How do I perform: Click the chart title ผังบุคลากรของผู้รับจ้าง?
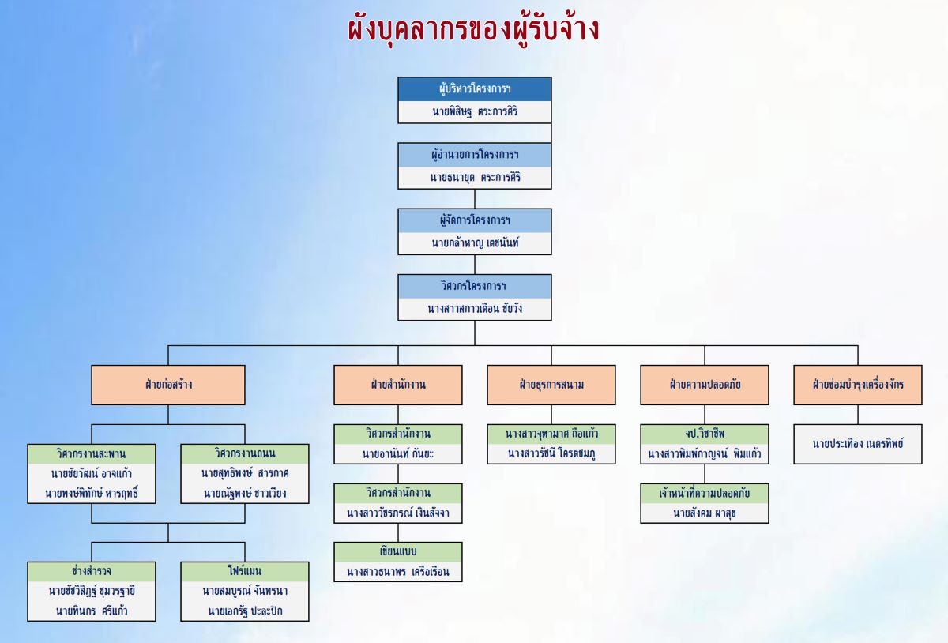coord(473,29)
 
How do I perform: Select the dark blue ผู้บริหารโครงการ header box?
coord(474,88)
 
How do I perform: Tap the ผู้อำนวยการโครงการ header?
coord(474,154)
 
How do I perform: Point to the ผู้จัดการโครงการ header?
coord(474,220)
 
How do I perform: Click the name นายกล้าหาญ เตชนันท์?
coord(474,243)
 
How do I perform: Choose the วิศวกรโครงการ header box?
coord(474,285)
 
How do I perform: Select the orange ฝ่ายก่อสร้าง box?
coord(168,385)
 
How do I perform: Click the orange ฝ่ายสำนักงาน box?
coord(397,385)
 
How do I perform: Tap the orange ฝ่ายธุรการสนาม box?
coord(551,385)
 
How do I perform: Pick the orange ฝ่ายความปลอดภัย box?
coord(704,385)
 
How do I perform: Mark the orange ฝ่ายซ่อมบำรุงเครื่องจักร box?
coord(857,385)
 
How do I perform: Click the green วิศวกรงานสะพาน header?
coord(92,454)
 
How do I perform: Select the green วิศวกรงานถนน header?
coord(244,454)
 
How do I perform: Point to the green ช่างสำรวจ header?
coord(92,570)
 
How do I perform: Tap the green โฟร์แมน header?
coord(244,570)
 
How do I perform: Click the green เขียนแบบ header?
coord(397,551)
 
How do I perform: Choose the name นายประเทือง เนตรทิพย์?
coord(857,444)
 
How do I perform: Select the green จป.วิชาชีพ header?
coord(704,434)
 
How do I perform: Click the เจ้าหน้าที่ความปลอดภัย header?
coord(704,493)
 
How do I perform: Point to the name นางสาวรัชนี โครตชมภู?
coord(551,453)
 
